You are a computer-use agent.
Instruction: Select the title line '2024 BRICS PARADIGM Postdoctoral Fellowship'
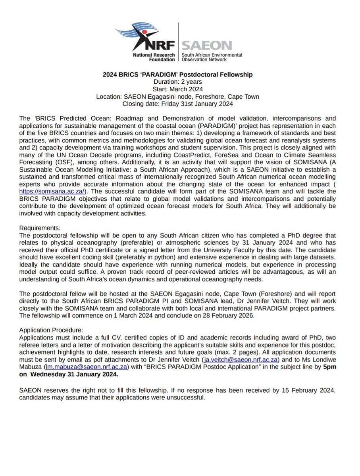[180, 74]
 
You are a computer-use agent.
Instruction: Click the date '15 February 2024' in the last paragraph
[307, 391]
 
